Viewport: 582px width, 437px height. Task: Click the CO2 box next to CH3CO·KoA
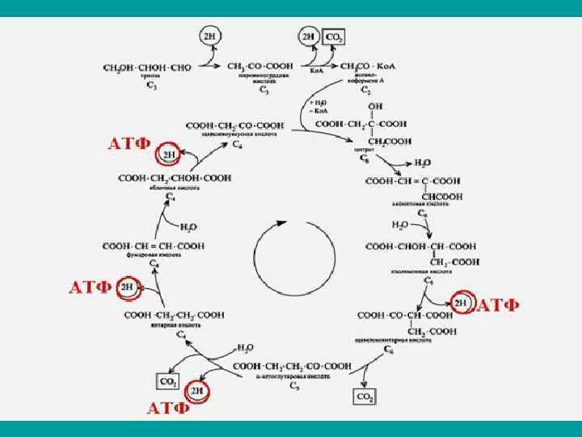pyautogui.click(x=333, y=38)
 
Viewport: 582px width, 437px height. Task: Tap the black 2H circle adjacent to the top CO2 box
pyautogui.click(x=309, y=37)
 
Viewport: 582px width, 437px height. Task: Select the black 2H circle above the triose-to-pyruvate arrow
pyautogui.click(x=209, y=37)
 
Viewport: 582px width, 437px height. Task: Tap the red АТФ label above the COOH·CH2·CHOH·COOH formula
pyautogui.click(x=130, y=144)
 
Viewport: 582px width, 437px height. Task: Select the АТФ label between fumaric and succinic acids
pyautogui.click(x=90, y=287)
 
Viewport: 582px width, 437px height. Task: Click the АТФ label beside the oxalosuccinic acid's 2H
pyautogui.click(x=498, y=304)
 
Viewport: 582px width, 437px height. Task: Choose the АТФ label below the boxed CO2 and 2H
pyautogui.click(x=168, y=407)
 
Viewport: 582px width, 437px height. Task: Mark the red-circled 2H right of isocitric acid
pyautogui.click(x=461, y=303)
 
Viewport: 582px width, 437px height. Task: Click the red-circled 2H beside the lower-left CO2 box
pyautogui.click(x=197, y=391)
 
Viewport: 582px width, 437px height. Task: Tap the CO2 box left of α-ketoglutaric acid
pyautogui.click(x=169, y=380)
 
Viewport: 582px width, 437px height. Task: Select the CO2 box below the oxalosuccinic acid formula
pyautogui.click(x=365, y=396)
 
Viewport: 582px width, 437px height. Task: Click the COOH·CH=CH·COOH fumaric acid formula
pyautogui.click(x=154, y=245)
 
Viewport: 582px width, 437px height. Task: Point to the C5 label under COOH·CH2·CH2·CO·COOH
pyautogui.click(x=295, y=388)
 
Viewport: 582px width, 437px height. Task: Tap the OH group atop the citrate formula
pyautogui.click(x=374, y=105)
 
